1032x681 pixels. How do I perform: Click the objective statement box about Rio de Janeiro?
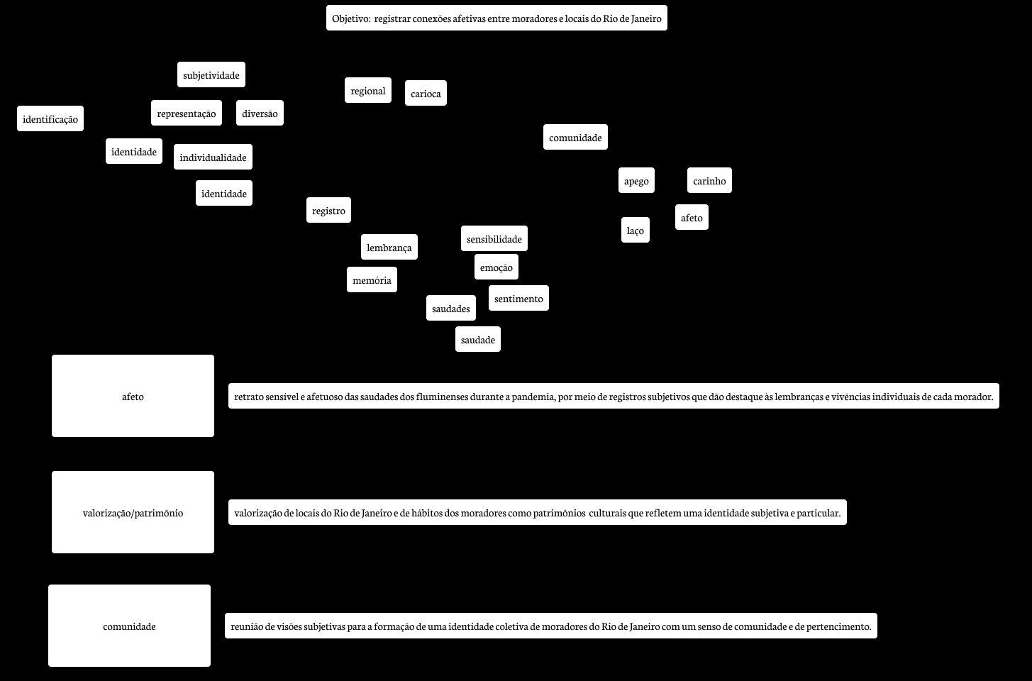(496, 18)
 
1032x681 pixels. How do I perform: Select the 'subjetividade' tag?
(211, 75)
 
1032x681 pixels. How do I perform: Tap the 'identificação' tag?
(50, 119)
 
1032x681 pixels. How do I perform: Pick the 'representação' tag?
(187, 113)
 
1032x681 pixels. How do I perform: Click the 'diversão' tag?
(260, 113)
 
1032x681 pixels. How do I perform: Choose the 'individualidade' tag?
(213, 157)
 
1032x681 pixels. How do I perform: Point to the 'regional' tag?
(368, 91)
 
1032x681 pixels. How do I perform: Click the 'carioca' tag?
(426, 94)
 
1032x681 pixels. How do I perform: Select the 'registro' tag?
(329, 211)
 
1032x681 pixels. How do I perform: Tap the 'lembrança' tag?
(389, 248)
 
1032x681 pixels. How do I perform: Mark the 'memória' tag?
(372, 280)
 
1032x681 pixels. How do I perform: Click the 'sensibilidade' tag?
(494, 239)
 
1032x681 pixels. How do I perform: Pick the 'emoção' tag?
(496, 267)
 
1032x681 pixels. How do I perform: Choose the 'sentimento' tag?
(518, 299)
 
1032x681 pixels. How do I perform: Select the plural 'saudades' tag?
(451, 309)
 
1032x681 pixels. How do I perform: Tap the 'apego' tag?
(636, 181)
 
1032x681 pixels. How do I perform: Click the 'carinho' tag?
(709, 181)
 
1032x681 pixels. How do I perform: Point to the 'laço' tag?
(636, 231)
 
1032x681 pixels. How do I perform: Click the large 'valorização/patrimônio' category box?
(133, 512)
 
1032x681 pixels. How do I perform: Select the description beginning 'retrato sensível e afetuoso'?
(614, 397)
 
